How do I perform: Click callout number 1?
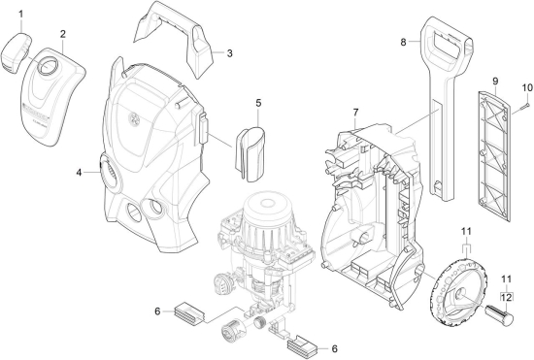[x=21, y=15]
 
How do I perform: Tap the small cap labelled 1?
[x=16, y=52]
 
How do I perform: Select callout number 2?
[x=63, y=34]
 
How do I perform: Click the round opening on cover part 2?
[x=48, y=65]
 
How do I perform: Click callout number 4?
[x=79, y=173]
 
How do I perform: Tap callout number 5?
[x=258, y=103]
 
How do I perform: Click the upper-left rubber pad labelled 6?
[x=189, y=311]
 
